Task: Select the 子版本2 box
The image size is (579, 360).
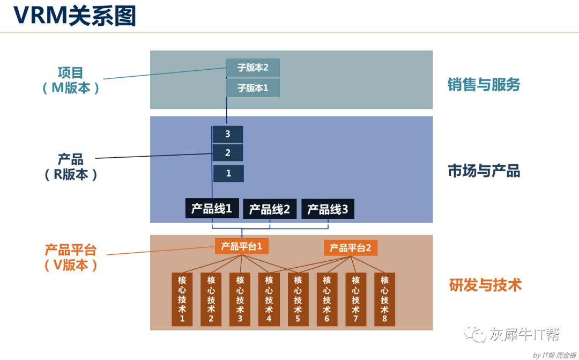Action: (x=253, y=68)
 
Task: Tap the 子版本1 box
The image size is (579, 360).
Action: (x=253, y=87)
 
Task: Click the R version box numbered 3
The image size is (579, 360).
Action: (x=228, y=134)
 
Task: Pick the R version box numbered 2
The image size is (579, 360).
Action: (x=228, y=153)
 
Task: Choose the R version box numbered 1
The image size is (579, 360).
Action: (x=228, y=173)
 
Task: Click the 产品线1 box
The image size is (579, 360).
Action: (x=212, y=209)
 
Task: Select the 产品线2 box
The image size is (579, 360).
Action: (x=270, y=209)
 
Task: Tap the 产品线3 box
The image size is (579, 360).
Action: (x=328, y=209)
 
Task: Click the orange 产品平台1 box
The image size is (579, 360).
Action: (x=242, y=246)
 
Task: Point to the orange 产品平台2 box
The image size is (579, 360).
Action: (x=350, y=248)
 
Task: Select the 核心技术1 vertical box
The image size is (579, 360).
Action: (x=182, y=299)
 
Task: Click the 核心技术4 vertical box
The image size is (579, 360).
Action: (x=269, y=299)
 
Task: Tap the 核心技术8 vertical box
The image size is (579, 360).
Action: (x=384, y=299)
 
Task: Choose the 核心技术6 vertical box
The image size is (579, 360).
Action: (x=326, y=299)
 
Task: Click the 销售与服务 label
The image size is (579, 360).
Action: (x=484, y=84)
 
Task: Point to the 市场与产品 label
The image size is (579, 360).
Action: (x=484, y=171)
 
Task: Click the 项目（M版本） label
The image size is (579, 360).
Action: (x=71, y=80)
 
